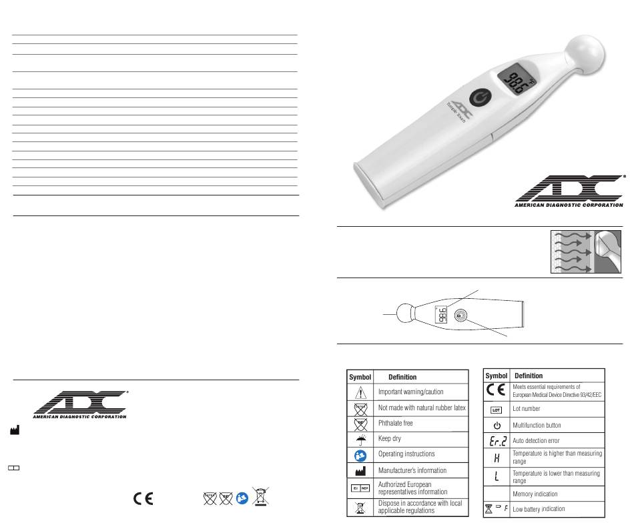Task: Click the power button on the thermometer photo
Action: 480,98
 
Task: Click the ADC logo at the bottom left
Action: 80,404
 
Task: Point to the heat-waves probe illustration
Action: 586,251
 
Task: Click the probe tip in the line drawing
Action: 405,314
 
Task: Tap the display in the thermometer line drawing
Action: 441,314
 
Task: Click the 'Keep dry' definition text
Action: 389,438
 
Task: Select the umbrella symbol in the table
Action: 360,440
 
